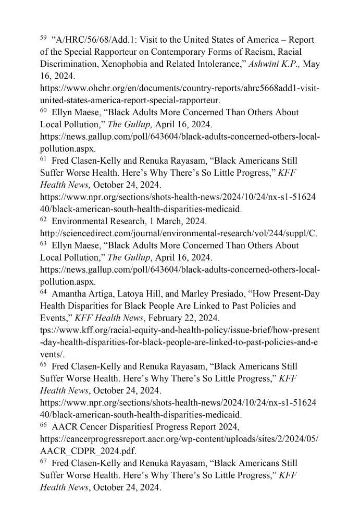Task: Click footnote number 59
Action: (43, 38)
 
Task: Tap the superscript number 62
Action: (43, 219)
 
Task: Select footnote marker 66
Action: (43, 425)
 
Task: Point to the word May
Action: (311, 64)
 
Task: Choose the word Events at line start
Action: (54, 318)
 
